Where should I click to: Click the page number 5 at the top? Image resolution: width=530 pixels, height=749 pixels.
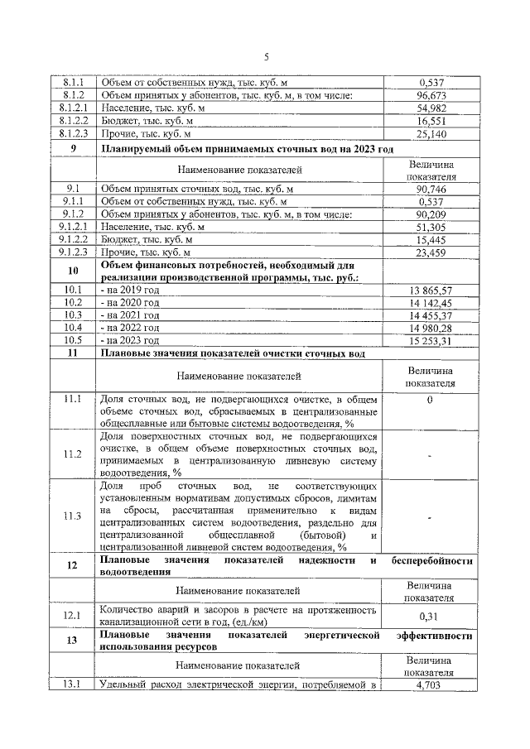[266, 57]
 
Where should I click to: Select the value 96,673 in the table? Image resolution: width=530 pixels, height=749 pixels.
[432, 95]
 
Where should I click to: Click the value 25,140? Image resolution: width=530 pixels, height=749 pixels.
[432, 133]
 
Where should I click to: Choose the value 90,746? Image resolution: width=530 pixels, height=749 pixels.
[432, 189]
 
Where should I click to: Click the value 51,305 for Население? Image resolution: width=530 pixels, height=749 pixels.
[432, 227]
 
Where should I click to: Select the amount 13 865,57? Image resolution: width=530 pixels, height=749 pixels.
[431, 290]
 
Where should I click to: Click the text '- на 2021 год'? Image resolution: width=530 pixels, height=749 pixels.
[129, 315]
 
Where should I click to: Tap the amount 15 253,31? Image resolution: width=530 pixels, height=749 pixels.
[431, 340]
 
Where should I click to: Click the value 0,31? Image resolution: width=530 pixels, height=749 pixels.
[431, 616]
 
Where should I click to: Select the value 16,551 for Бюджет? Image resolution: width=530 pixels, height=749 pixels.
[432, 121]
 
